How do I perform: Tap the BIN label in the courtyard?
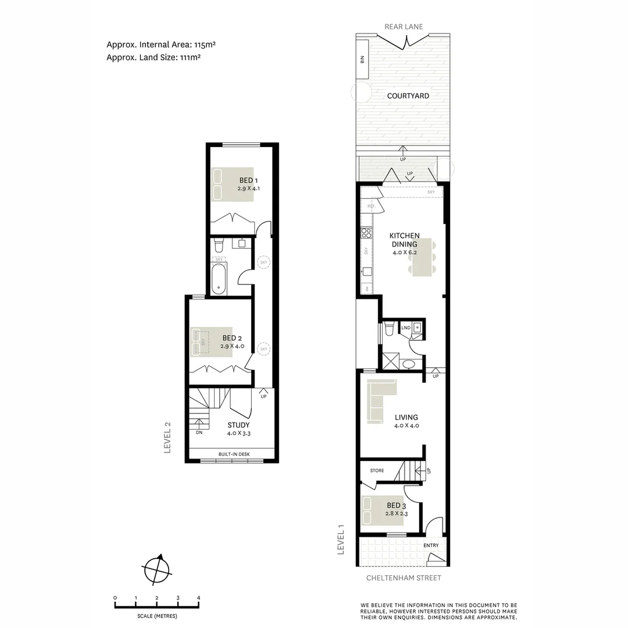point(362,59)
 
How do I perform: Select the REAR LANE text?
point(403,27)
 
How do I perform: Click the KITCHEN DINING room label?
point(404,240)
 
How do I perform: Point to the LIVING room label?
point(406,418)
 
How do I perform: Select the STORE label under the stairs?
point(377,470)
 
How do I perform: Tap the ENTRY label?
point(431,545)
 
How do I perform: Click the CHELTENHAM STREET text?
point(404,578)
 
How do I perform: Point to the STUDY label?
point(238,425)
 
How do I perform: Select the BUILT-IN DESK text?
point(231,454)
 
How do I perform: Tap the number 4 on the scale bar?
point(199,598)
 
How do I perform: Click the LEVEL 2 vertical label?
point(167,437)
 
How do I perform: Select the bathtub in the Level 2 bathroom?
point(219,279)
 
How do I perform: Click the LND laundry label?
point(406,328)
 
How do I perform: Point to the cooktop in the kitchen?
point(366,233)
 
